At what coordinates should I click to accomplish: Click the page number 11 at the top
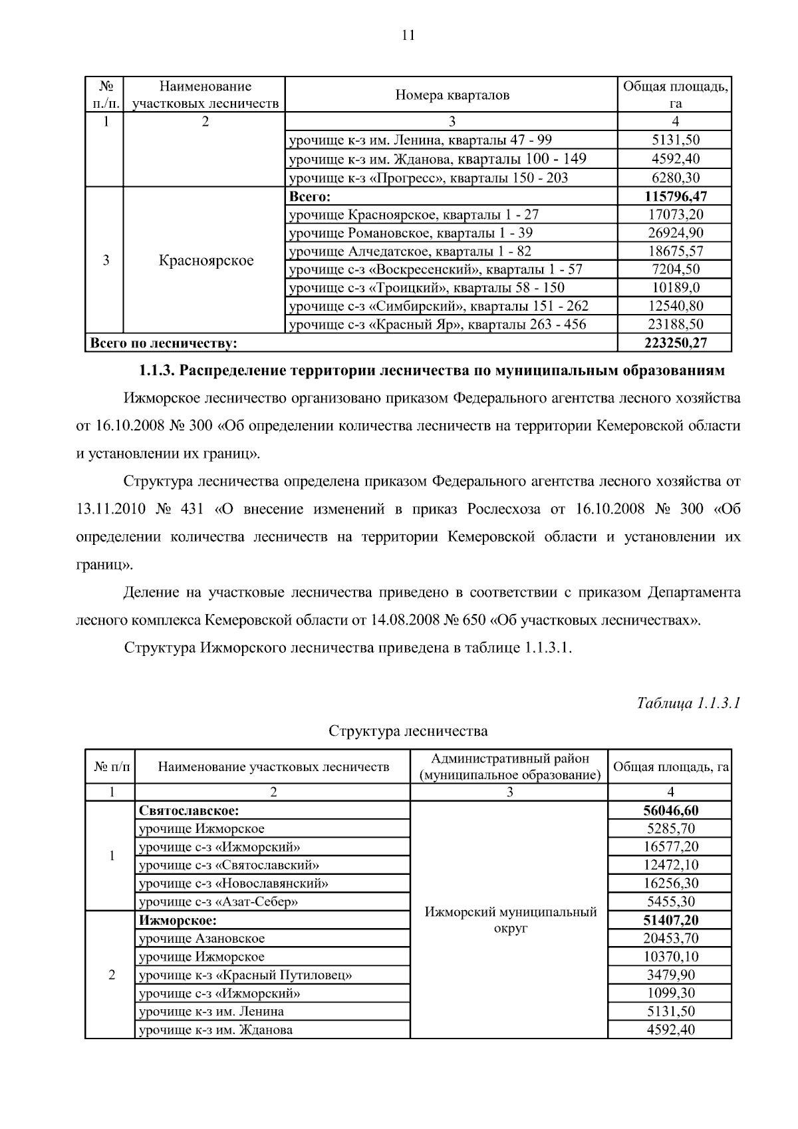click(408, 35)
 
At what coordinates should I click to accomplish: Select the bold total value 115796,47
click(675, 196)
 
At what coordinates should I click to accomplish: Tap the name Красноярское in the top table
click(205, 260)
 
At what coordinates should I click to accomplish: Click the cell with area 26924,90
click(675, 233)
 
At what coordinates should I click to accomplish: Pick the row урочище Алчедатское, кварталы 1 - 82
click(410, 251)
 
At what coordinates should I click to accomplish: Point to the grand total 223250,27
click(675, 343)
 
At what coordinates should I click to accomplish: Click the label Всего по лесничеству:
click(164, 343)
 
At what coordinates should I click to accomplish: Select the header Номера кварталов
click(452, 95)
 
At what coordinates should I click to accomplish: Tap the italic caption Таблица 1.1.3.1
click(688, 703)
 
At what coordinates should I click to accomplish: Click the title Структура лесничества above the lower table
click(408, 731)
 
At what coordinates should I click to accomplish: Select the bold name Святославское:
click(189, 810)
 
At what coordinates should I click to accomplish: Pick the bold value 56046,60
click(670, 810)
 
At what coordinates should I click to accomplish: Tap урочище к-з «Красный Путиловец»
click(245, 975)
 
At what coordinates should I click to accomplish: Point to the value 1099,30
click(670, 993)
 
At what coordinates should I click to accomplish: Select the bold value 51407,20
click(670, 920)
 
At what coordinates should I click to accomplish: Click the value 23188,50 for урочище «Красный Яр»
click(675, 324)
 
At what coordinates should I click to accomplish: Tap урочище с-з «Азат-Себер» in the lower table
click(218, 901)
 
